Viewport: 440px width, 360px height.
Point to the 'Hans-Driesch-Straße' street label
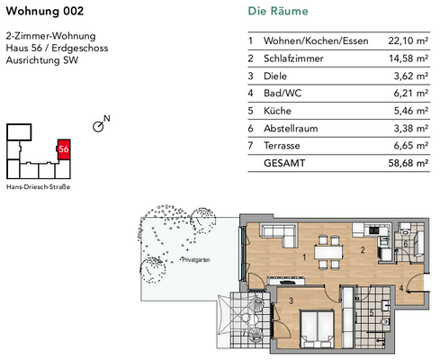click(38, 186)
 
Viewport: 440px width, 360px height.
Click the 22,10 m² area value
click(407, 40)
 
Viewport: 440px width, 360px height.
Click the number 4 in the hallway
click(401, 288)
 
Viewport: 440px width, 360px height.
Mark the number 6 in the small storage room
click(407, 243)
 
